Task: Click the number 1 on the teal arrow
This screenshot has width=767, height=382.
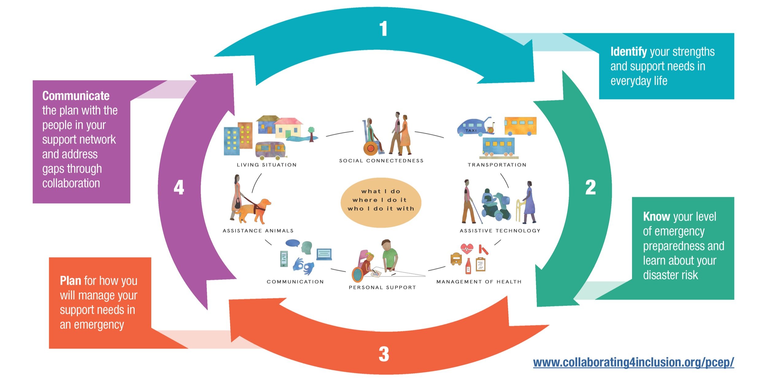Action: click(x=383, y=29)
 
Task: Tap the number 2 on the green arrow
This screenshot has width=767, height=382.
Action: click(x=590, y=187)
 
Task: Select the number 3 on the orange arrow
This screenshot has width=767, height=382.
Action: click(x=384, y=354)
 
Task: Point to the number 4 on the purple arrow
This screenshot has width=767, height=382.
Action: click(x=179, y=187)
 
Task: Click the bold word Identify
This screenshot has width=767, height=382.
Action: click(x=628, y=52)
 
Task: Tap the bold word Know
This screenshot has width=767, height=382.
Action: click(x=656, y=217)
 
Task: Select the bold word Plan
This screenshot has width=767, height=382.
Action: click(x=70, y=281)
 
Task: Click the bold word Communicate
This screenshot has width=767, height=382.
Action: click(x=76, y=96)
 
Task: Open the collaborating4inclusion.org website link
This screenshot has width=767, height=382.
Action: click(x=633, y=362)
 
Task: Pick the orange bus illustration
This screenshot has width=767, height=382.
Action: click(x=520, y=126)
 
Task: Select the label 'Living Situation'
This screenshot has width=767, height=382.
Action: click(x=267, y=165)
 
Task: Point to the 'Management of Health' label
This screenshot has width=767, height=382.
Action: click(x=479, y=282)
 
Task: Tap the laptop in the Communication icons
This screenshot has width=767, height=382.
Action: click(x=324, y=254)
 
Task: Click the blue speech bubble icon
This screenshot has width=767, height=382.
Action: click(x=292, y=243)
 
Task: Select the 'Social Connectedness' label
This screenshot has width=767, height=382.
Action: click(x=381, y=161)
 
